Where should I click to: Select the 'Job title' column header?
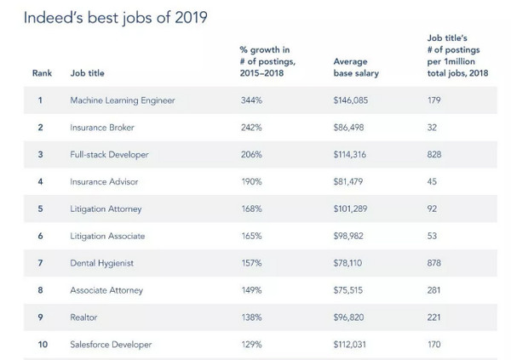[x=87, y=73]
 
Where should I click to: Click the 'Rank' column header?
[x=42, y=73]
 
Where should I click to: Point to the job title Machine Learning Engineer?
[x=123, y=100]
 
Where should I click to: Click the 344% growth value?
[x=253, y=100]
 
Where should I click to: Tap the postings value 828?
[x=434, y=155]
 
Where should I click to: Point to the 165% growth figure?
[x=252, y=237]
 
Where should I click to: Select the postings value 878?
[x=434, y=264]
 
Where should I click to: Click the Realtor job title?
[x=84, y=318]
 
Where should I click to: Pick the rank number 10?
[x=42, y=346]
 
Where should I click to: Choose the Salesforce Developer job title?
[x=112, y=346]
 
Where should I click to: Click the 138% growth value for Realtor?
[x=252, y=318]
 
